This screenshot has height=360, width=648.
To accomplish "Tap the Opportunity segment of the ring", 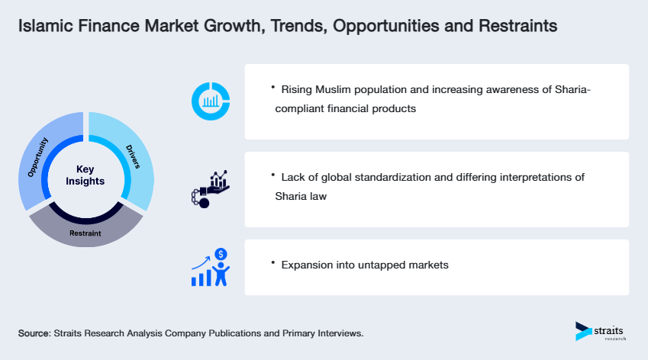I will pyautogui.click(x=38, y=157).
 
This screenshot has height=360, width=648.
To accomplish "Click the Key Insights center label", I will pyautogui.click(x=85, y=175).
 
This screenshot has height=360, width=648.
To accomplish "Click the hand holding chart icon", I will pyautogui.click(x=211, y=189).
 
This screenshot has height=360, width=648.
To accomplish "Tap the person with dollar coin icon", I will pyautogui.click(x=211, y=267).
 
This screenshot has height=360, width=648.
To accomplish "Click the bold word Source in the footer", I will pyautogui.click(x=34, y=334).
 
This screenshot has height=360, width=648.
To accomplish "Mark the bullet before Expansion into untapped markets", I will pyautogui.click(x=272, y=262).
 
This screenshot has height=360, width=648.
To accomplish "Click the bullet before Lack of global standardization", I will pyautogui.click(x=272, y=175).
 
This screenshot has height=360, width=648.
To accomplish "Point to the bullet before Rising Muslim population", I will pyautogui.click(x=272, y=88).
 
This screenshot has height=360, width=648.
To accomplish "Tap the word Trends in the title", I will pyautogui.click(x=265, y=26).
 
